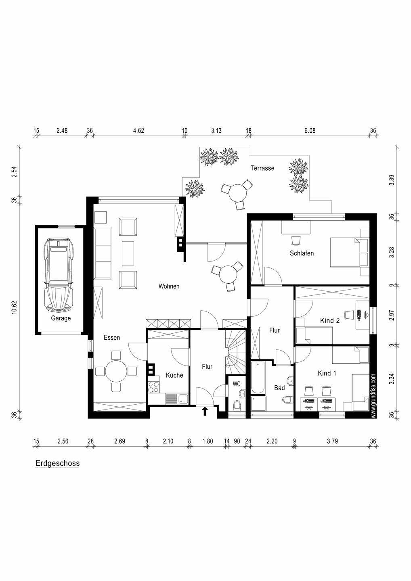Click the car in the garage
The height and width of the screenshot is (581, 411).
click(x=61, y=275)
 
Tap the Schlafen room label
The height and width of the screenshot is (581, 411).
click(x=302, y=253)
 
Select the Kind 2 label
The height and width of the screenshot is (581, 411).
click(x=329, y=321)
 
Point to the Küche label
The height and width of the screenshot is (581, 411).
click(x=174, y=375)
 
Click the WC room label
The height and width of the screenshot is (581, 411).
click(x=237, y=384)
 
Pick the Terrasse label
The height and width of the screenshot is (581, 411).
click(x=262, y=168)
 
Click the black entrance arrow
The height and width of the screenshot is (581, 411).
click(x=205, y=411)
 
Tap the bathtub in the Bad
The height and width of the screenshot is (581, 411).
click(x=257, y=378)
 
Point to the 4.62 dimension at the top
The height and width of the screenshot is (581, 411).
click(x=138, y=131)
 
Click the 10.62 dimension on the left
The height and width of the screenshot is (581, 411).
click(x=15, y=307)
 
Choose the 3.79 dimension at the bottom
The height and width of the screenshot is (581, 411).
click(x=332, y=441)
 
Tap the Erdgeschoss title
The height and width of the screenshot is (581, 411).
click(x=58, y=463)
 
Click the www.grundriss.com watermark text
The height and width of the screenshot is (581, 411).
click(x=373, y=395)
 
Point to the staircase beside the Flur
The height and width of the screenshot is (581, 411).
click(x=235, y=351)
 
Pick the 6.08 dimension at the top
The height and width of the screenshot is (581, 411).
click(x=310, y=131)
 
